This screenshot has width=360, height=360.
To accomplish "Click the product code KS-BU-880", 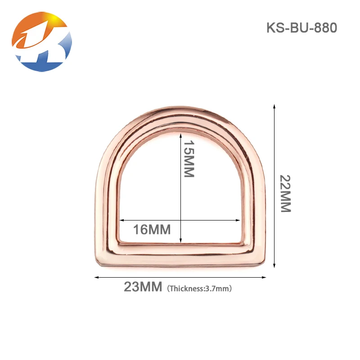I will pyautogui.click(x=301, y=28).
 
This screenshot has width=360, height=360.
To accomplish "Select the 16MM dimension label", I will pyautogui.click(x=152, y=229).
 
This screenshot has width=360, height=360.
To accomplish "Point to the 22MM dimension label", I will pyautogui.click(x=285, y=193).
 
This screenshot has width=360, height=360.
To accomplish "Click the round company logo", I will pyautogui.click(x=42, y=42).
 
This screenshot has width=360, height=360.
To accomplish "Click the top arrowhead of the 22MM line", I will pyautogui.click(x=274, y=106).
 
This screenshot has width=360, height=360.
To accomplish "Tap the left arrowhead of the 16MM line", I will pyautogui.click(x=121, y=220).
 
